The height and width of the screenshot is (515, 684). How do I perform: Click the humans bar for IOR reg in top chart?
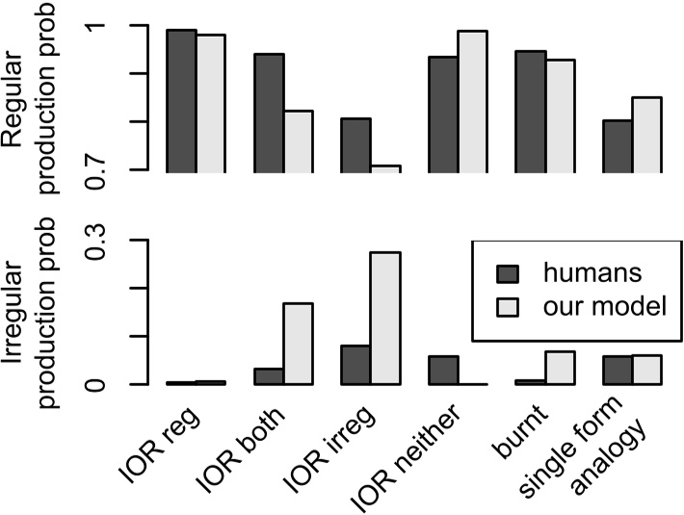(181, 100)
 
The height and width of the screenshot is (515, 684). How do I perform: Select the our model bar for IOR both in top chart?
(298, 141)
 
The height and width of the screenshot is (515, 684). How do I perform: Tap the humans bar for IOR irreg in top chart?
(355, 144)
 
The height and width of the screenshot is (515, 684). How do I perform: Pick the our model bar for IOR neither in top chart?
(472, 100)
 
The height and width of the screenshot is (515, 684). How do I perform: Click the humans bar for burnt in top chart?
(530, 111)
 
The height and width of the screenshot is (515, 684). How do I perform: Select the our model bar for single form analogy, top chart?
(646, 134)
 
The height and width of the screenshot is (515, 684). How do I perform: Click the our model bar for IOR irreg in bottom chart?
(385, 318)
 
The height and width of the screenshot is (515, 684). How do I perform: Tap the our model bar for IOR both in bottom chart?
(298, 344)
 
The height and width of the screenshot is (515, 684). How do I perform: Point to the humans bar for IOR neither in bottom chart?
(443, 371)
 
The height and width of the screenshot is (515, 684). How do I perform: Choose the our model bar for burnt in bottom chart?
(560, 368)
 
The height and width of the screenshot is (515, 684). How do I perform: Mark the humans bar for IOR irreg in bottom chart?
(355, 365)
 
